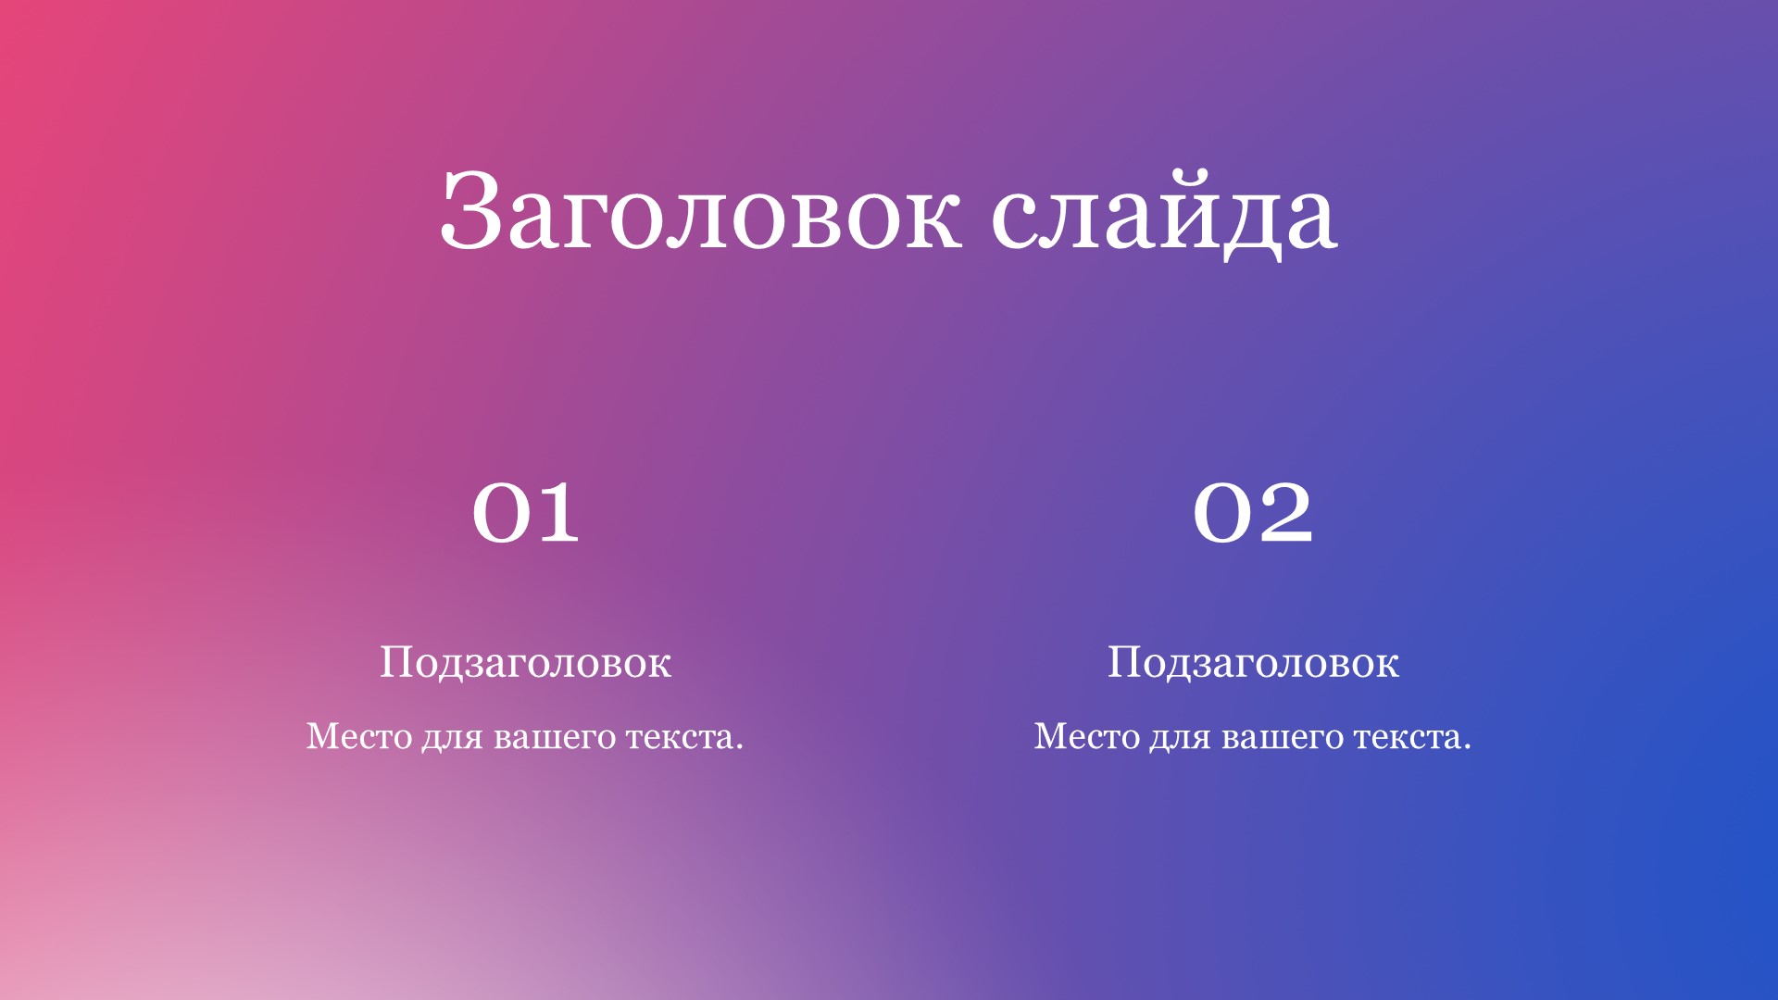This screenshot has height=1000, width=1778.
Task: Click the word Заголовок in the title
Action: point(701,211)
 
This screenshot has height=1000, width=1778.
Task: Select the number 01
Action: point(526,512)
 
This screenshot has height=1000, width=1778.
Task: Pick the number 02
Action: point(1253,512)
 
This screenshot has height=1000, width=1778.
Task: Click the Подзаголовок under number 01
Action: point(525,663)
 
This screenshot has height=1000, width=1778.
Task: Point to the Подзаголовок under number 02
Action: point(1253,663)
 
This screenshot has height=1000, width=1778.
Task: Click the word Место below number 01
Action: point(359,736)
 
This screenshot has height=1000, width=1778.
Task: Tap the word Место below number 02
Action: point(1087,736)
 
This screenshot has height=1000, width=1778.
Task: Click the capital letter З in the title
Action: point(471,211)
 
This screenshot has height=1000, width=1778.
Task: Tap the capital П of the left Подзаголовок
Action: point(395,662)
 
